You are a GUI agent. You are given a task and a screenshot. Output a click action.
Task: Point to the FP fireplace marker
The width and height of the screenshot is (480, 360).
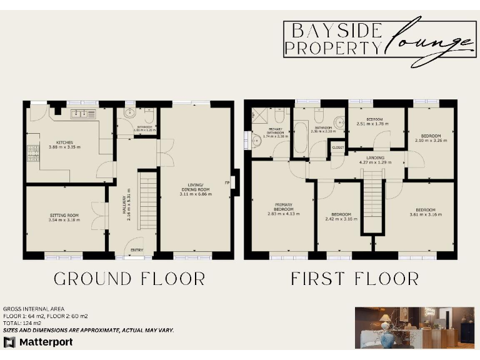click(x=228, y=182)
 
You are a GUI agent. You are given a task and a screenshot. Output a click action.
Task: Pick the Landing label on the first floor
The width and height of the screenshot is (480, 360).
click(x=376, y=157)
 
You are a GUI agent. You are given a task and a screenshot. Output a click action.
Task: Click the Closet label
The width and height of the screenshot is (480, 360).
click(x=338, y=147)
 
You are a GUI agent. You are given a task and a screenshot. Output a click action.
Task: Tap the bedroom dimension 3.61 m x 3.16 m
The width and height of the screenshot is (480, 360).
click(x=426, y=214)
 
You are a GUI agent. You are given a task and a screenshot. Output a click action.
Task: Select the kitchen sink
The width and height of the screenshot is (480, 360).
click(x=82, y=114)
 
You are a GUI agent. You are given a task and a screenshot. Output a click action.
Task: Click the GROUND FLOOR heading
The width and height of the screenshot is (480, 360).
click(x=129, y=279)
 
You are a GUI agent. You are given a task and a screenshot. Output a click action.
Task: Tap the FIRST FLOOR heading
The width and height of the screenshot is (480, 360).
click(x=354, y=279)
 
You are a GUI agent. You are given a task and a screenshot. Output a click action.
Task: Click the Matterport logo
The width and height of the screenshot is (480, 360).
click(x=38, y=342)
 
